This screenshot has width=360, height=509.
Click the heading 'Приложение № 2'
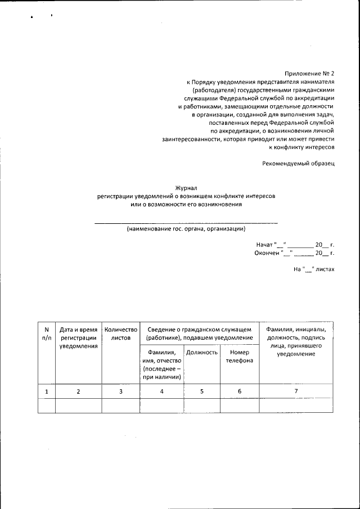click(x=310, y=73)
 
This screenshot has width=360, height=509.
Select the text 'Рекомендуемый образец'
click(x=298, y=163)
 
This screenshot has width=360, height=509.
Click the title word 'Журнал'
click(x=186, y=188)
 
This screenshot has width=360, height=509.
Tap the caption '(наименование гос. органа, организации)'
click(x=186, y=229)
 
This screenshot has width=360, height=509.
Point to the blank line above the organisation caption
click(x=186, y=223)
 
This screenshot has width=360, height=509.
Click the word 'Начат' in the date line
click(x=264, y=245)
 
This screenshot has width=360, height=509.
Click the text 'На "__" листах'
click(x=314, y=269)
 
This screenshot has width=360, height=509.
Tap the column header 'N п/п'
click(x=47, y=334)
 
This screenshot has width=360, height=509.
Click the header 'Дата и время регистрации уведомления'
click(x=79, y=337)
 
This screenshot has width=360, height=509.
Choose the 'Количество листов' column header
click(x=120, y=334)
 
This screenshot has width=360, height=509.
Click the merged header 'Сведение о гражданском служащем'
click(x=199, y=333)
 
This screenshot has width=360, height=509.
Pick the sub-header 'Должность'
click(x=202, y=353)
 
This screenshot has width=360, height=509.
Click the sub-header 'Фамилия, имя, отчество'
click(x=161, y=364)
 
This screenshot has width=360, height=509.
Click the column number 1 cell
click(x=47, y=391)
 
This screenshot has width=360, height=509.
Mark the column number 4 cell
click(x=161, y=391)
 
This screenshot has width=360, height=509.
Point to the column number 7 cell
click(x=296, y=391)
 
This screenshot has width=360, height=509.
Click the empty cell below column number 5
click(x=202, y=406)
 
